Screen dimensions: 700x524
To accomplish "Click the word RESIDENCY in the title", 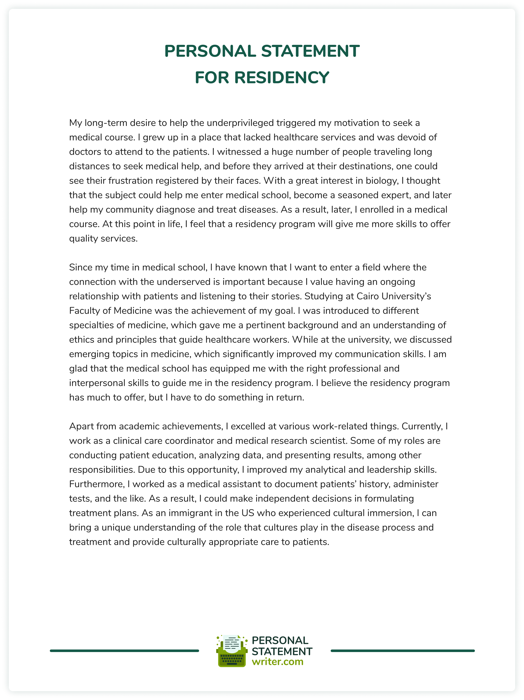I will (x=282, y=77).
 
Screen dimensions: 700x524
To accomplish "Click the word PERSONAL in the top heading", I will (x=210, y=51).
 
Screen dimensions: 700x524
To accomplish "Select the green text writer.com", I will (x=277, y=662).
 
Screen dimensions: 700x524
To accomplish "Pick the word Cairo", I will (x=368, y=296).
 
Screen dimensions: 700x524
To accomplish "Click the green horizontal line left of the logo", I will (x=124, y=651).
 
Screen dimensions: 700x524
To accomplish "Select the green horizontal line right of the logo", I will (x=402, y=651).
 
